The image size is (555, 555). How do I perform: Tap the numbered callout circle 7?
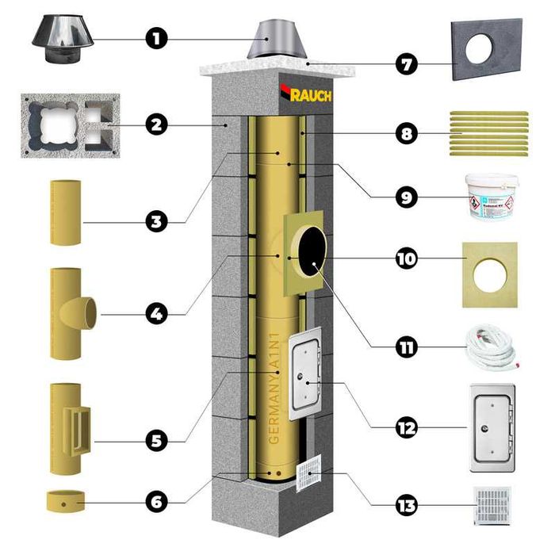pos(407,63)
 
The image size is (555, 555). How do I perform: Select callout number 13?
pos(407,504)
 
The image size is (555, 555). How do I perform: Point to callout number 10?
pos(407,259)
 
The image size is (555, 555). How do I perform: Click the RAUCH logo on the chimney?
pos(304,94)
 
